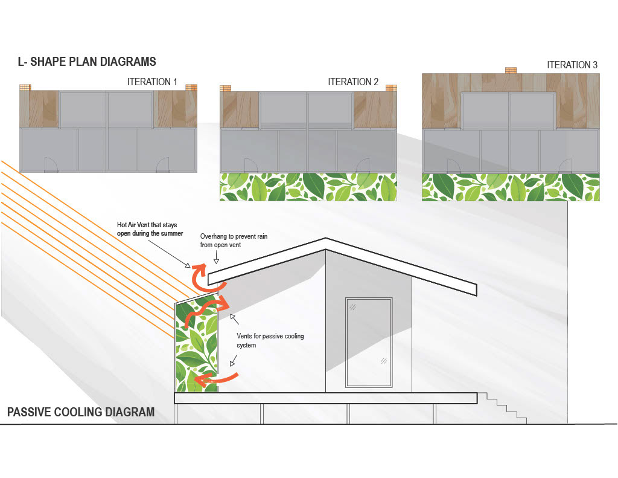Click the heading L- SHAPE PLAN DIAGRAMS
88,62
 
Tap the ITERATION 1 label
152,82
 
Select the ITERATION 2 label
353,82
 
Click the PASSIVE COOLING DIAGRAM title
81,413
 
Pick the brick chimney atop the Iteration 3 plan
511,70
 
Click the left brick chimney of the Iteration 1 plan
25,88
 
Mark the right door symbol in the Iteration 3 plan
564,165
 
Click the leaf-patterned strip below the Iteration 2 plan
308,187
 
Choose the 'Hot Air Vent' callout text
150,229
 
